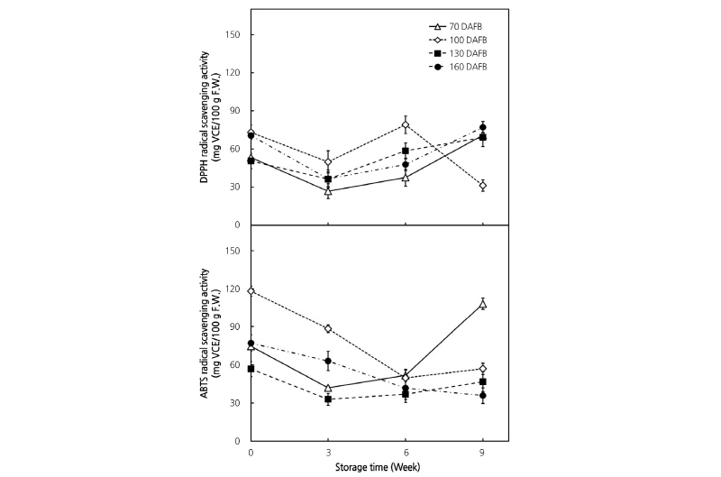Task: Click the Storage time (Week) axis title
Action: (379, 467)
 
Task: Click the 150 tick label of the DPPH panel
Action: (235, 34)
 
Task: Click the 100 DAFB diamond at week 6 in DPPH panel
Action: (406, 125)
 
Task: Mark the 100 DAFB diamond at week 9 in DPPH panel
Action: (483, 186)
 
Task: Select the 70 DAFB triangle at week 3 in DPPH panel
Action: (328, 191)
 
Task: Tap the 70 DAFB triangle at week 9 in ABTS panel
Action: (483, 305)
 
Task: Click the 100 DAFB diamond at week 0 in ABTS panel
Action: (251, 291)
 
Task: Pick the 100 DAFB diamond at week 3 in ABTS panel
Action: (328, 329)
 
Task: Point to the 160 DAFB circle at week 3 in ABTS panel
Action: (328, 362)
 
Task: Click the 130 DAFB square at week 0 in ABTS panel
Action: (251, 369)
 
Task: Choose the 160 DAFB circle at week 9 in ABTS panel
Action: (483, 396)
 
